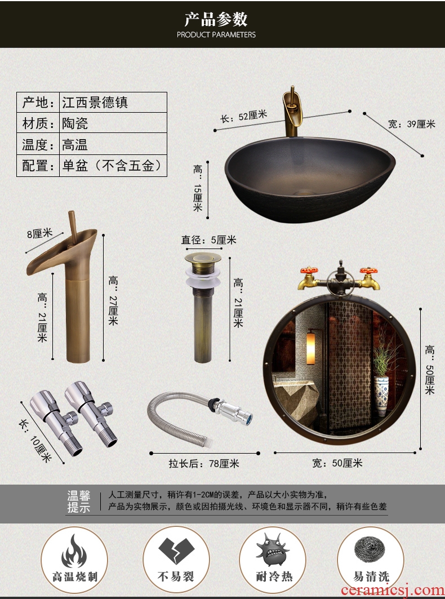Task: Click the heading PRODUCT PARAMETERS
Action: click(216, 35)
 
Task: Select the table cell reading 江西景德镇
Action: click(95, 103)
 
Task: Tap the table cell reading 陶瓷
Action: click(75, 123)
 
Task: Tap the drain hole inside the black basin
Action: click(304, 190)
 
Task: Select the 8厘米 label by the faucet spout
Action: click(39, 233)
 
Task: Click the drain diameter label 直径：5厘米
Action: click(208, 240)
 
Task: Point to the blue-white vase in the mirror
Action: click(381, 396)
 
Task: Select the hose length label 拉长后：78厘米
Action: click(204, 464)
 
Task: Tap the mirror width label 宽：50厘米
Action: click(337, 463)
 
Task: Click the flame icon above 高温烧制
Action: click(74, 551)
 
